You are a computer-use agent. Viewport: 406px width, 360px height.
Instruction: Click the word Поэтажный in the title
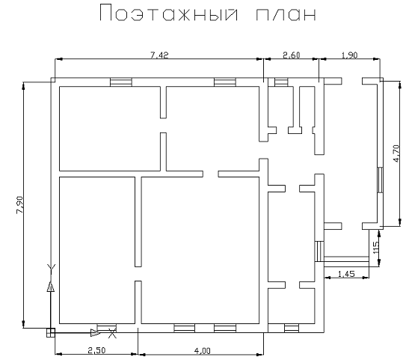(169, 13)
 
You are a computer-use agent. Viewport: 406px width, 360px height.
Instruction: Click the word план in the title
(286, 15)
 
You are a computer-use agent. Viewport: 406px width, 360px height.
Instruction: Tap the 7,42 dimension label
(159, 55)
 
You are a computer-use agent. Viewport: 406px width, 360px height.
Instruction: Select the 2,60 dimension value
(292, 55)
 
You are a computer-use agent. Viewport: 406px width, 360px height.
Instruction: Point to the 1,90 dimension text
(350, 55)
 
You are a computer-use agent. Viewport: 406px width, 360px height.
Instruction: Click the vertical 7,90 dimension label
(20, 205)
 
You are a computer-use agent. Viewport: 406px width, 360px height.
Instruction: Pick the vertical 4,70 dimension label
(396, 153)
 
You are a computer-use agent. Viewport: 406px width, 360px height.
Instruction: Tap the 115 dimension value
(376, 248)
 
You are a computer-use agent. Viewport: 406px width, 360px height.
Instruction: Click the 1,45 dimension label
(346, 274)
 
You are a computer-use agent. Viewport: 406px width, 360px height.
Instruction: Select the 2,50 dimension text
(96, 350)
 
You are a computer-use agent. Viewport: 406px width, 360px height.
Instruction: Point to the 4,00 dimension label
(202, 351)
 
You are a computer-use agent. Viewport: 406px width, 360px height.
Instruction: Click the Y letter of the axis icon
(51, 269)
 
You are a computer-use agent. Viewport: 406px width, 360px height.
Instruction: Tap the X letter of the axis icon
(112, 333)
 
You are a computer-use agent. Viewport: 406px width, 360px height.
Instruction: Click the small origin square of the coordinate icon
(51, 332)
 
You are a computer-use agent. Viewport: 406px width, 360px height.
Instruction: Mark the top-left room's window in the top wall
(121, 82)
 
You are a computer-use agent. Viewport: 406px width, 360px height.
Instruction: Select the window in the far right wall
(380, 180)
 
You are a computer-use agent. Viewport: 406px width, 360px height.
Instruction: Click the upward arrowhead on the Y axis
(51, 287)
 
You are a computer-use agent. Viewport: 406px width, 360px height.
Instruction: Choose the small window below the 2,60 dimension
(281, 82)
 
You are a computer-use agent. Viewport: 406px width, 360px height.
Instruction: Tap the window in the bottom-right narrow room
(292, 328)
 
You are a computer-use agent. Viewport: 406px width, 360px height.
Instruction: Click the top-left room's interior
(110, 129)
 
